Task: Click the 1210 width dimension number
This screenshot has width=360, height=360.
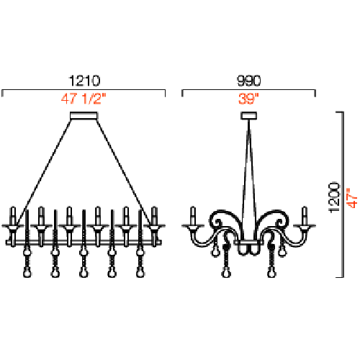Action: coord(84,81)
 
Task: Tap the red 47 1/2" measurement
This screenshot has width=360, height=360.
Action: coord(84,99)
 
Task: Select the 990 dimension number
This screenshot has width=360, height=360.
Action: coord(248,81)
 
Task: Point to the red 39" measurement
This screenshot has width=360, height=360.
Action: coord(248,99)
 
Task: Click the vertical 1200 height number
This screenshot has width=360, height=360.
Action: coord(334,197)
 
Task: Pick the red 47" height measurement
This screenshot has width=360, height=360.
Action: coord(352,198)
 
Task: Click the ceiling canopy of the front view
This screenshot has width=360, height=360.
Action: coord(84,116)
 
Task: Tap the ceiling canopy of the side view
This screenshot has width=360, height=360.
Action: coord(249,115)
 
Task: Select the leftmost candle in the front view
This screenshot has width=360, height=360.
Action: coord(13,215)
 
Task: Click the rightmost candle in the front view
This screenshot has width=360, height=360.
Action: coord(154,215)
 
